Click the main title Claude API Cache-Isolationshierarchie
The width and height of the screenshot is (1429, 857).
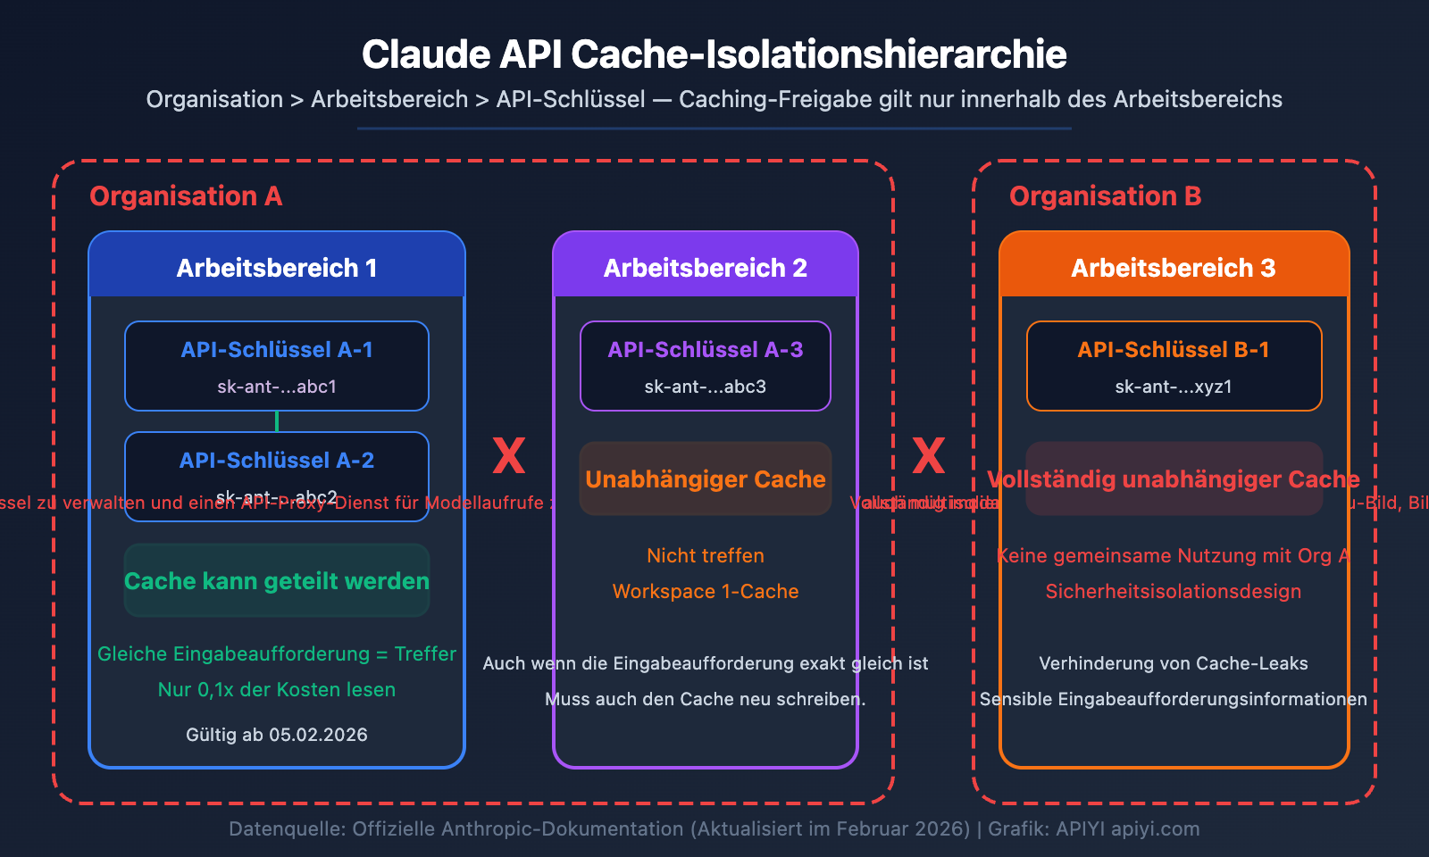(714, 55)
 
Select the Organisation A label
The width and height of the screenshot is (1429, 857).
(186, 196)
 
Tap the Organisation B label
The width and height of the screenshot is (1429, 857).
(1105, 196)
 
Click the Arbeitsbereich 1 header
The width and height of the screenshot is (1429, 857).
(277, 268)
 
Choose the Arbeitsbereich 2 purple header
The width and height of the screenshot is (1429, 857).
(706, 268)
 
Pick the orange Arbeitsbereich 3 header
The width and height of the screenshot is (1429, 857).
(1174, 268)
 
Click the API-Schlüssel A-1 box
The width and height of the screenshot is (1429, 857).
(277, 366)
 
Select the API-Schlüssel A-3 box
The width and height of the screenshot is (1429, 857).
(706, 366)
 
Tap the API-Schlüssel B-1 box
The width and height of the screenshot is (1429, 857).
(1174, 366)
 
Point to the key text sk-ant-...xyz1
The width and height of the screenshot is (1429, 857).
(1174, 387)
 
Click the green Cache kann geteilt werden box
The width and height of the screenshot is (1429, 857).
(277, 581)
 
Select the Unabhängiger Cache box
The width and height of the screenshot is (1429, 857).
(706, 479)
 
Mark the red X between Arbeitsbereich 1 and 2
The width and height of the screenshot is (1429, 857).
(509, 456)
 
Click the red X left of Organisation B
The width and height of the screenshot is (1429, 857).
(929, 456)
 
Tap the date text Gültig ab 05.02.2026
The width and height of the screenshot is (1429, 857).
(277, 735)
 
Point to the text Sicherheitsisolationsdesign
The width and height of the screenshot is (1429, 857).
(1174, 592)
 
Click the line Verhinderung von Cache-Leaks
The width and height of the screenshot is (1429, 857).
(1174, 663)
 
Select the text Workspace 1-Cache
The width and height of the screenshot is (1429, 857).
(706, 592)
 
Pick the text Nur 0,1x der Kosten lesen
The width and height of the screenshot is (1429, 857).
(277, 690)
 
